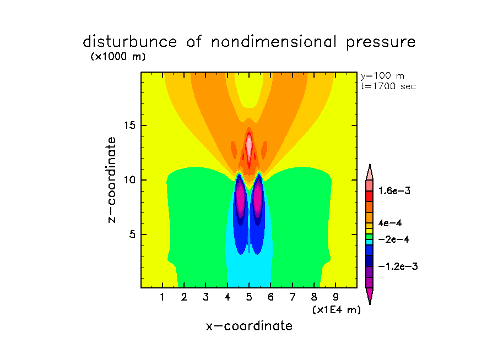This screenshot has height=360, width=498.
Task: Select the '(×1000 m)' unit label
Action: pos(117,57)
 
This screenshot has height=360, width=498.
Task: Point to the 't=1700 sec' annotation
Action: pos(388,86)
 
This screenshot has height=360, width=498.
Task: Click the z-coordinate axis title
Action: pos(113,179)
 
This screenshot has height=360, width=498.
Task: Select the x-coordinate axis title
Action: pos(249,326)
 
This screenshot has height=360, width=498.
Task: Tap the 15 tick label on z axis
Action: pos(131,126)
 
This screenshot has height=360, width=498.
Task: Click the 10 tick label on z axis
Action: pos(131,180)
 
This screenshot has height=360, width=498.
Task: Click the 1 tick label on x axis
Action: pos(163,298)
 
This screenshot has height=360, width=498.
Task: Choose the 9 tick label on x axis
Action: pos(335,298)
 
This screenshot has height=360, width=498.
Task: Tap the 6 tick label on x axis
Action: pos(270,298)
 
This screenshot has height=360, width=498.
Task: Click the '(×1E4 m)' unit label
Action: pos(336,310)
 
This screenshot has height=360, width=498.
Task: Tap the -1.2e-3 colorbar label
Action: pos(397,266)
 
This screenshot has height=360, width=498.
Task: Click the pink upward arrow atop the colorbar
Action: pos(370,171)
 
